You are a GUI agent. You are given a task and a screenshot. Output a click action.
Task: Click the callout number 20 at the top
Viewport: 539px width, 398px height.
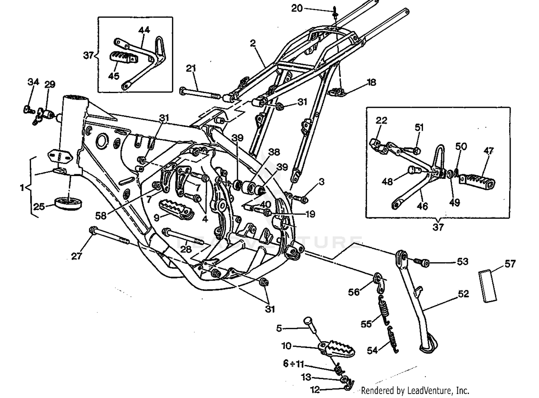(297, 8)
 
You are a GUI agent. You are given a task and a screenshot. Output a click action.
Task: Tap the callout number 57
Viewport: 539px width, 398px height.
(510, 264)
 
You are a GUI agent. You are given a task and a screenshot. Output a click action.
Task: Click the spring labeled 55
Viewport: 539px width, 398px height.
(384, 309)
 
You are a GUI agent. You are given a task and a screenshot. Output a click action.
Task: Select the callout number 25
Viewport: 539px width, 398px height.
(39, 207)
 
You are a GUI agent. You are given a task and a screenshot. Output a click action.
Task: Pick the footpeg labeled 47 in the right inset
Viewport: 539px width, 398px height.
(477, 181)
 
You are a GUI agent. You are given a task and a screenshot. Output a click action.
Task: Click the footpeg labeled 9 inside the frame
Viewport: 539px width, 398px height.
(176, 209)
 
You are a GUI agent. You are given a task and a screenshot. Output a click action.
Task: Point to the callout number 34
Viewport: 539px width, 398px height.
(33, 82)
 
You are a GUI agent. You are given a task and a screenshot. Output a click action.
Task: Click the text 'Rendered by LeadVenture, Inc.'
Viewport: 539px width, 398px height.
(415, 390)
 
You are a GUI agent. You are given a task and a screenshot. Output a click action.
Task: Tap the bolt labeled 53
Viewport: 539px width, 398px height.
(423, 263)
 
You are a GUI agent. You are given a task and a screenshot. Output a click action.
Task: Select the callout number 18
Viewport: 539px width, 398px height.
(371, 82)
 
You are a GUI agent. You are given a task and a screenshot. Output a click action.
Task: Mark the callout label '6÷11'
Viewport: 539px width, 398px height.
(293, 364)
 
